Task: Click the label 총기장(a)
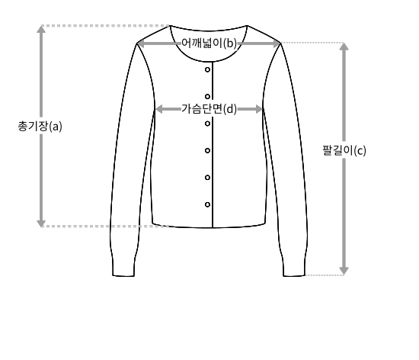[40, 127]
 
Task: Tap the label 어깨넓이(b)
[209, 43]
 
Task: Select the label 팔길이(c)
[344, 150]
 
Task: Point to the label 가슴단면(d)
[209, 109]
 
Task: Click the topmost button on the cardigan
[207, 69]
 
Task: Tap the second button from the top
[207, 96]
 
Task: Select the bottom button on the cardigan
[207, 204]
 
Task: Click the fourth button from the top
[207, 150]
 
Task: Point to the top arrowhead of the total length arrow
[41, 29]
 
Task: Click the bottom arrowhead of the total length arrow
[41, 223]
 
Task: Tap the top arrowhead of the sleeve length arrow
[344, 47]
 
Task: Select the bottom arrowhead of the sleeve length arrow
[344, 271]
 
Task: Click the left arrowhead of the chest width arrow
[158, 109]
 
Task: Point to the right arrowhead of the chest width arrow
[260, 109]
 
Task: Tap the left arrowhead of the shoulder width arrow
[141, 43]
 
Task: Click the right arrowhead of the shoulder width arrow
[277, 43]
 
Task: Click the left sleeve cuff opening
[123, 275]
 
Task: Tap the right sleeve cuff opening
[294, 275]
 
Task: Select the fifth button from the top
[207, 178]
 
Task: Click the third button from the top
[207, 124]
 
